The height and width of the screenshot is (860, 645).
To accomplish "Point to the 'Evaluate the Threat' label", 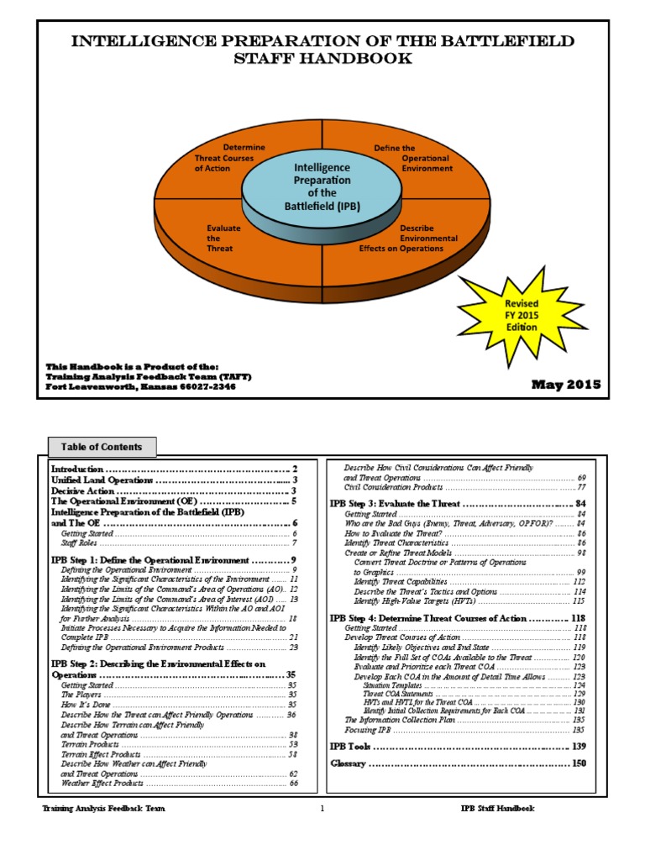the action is (x=222, y=238).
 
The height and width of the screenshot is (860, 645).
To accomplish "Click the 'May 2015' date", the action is (x=566, y=385).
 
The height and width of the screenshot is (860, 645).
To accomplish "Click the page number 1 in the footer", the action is (x=322, y=808).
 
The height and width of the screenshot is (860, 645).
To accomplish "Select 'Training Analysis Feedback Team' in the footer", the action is (x=103, y=808).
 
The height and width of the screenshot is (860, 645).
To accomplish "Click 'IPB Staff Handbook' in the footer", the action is (x=497, y=808).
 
